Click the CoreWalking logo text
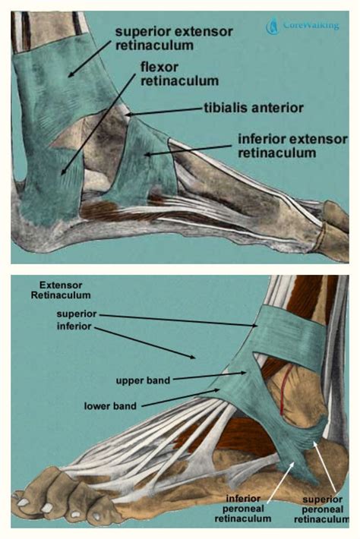[311, 25]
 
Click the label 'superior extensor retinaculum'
[174, 38]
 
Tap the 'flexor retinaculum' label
[179, 74]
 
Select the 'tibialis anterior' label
[254, 108]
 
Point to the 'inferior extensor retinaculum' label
[292, 146]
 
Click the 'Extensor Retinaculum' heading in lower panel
[61, 290]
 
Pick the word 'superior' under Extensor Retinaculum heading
[77, 314]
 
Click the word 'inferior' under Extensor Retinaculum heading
[74, 326]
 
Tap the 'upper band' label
[143, 380]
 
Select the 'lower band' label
[110, 406]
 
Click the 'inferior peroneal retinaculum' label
[243, 508]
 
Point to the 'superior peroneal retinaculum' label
[322, 509]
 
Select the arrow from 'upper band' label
[210, 375]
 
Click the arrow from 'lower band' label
[181, 398]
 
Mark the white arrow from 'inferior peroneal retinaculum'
[281, 480]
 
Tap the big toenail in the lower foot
[24, 503]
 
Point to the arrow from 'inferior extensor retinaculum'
[189, 150]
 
